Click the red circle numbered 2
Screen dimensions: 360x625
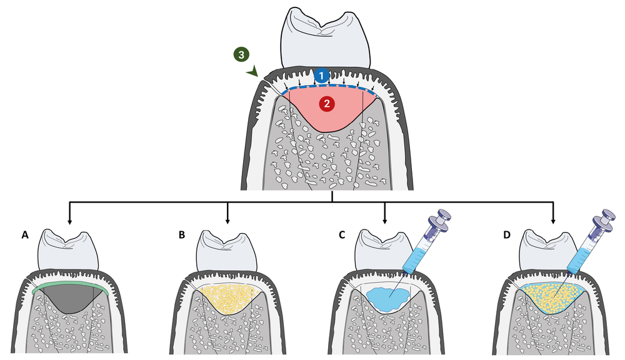[325, 104]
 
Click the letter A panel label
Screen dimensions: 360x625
[25, 236]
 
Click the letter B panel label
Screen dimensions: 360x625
[182, 236]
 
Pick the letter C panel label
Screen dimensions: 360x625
[341, 236]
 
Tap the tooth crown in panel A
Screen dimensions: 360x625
[69, 251]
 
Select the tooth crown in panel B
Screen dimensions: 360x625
[226, 251]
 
